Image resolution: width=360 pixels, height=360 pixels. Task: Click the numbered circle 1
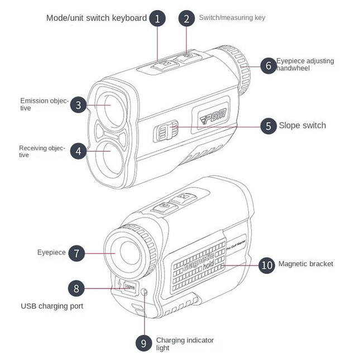[157, 18]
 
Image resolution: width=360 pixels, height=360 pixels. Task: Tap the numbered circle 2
[186, 18]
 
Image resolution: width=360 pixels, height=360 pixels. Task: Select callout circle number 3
[78, 104]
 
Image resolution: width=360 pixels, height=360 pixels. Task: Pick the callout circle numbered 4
[78, 151]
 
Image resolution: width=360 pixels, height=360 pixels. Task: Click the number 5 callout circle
[268, 126]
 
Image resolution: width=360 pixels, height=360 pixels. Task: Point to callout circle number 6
[268, 65]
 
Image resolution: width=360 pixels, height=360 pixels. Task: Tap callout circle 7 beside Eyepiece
[76, 253]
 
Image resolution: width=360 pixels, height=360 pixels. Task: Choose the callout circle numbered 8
[76, 289]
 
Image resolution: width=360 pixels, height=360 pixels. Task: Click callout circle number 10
[267, 265]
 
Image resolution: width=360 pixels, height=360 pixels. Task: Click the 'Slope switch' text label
[302, 126]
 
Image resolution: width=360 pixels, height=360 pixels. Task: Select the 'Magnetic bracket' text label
[305, 264]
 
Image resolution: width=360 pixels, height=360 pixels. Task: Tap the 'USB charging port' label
[52, 306]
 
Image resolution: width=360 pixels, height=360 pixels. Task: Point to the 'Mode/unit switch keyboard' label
[97, 18]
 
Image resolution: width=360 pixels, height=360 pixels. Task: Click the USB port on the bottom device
[129, 288]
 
